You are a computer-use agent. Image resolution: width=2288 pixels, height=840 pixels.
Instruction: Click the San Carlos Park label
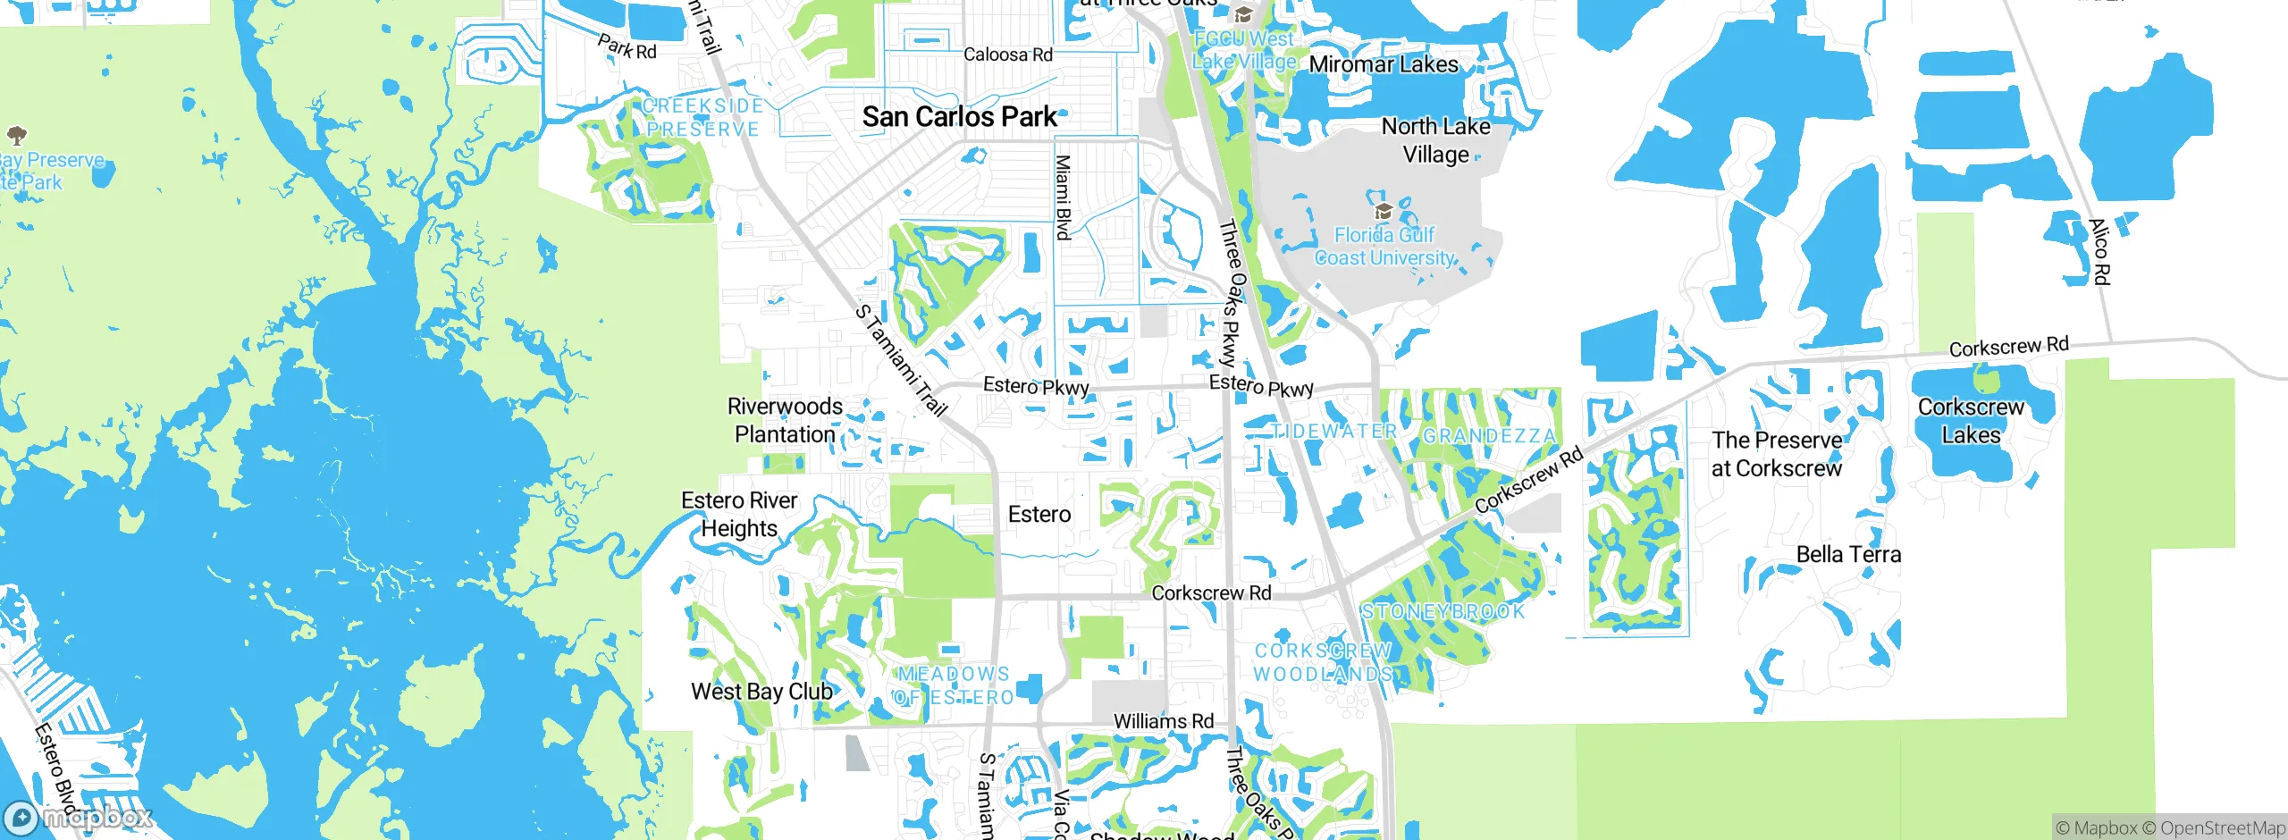coord(960,117)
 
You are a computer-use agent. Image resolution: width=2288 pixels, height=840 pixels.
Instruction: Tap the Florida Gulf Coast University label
coord(1384,247)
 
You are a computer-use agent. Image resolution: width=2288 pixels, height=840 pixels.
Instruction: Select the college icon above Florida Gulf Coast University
coord(1384,212)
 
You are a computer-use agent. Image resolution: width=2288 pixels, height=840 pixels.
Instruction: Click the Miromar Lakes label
coord(1384,64)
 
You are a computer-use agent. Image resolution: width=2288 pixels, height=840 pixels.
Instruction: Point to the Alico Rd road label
coord(2099,252)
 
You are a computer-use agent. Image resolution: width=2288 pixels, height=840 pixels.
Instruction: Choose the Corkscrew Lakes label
coord(1971,421)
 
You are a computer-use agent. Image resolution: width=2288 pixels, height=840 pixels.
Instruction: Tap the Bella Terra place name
coord(1848,555)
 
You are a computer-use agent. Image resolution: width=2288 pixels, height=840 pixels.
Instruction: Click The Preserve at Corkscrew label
coord(1777,454)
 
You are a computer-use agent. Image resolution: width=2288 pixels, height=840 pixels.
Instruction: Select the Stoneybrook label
coord(1443,612)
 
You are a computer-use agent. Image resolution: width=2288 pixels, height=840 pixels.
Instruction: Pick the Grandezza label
coord(1489,436)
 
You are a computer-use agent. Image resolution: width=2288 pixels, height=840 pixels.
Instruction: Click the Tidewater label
coord(1333,431)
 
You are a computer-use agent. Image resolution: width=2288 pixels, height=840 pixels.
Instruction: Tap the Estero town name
coord(1039,515)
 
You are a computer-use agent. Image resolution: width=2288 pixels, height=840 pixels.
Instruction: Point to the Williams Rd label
coord(1163,721)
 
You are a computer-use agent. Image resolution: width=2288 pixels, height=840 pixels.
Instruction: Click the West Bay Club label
coord(761,692)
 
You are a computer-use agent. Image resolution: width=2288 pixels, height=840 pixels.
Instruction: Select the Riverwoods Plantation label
coord(785,420)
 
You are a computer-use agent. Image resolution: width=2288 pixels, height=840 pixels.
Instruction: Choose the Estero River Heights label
coord(739,515)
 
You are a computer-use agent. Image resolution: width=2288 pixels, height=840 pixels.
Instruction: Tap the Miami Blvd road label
coord(1063,197)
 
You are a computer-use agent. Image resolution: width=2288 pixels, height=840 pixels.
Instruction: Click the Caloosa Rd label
coord(1008,55)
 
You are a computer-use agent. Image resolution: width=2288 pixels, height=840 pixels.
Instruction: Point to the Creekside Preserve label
coord(702,118)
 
